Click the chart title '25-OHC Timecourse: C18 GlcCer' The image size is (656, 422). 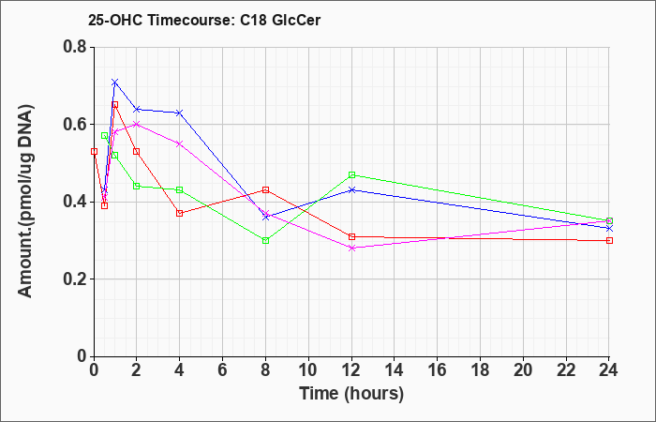pos(204,20)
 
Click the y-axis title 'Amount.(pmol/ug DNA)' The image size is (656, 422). pos(26,202)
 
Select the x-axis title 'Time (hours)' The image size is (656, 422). pos(351,394)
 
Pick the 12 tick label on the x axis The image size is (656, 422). pos(351,370)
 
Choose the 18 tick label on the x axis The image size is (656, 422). pos(480,370)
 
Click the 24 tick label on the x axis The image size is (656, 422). pos(609,370)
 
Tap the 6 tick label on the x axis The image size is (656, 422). pos(223,370)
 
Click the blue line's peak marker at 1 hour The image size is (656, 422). pos(115,82)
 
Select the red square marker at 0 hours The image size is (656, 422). pos(94,152)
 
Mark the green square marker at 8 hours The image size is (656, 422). pos(265,241)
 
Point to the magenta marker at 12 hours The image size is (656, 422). pos(351,249)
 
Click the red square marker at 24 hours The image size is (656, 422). pos(609,241)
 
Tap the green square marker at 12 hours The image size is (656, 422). pos(351,174)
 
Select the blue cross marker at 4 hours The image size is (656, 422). pos(180,113)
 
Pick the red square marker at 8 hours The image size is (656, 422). pos(265,190)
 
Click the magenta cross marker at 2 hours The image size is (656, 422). pos(137,125)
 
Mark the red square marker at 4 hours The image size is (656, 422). pos(180,213)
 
